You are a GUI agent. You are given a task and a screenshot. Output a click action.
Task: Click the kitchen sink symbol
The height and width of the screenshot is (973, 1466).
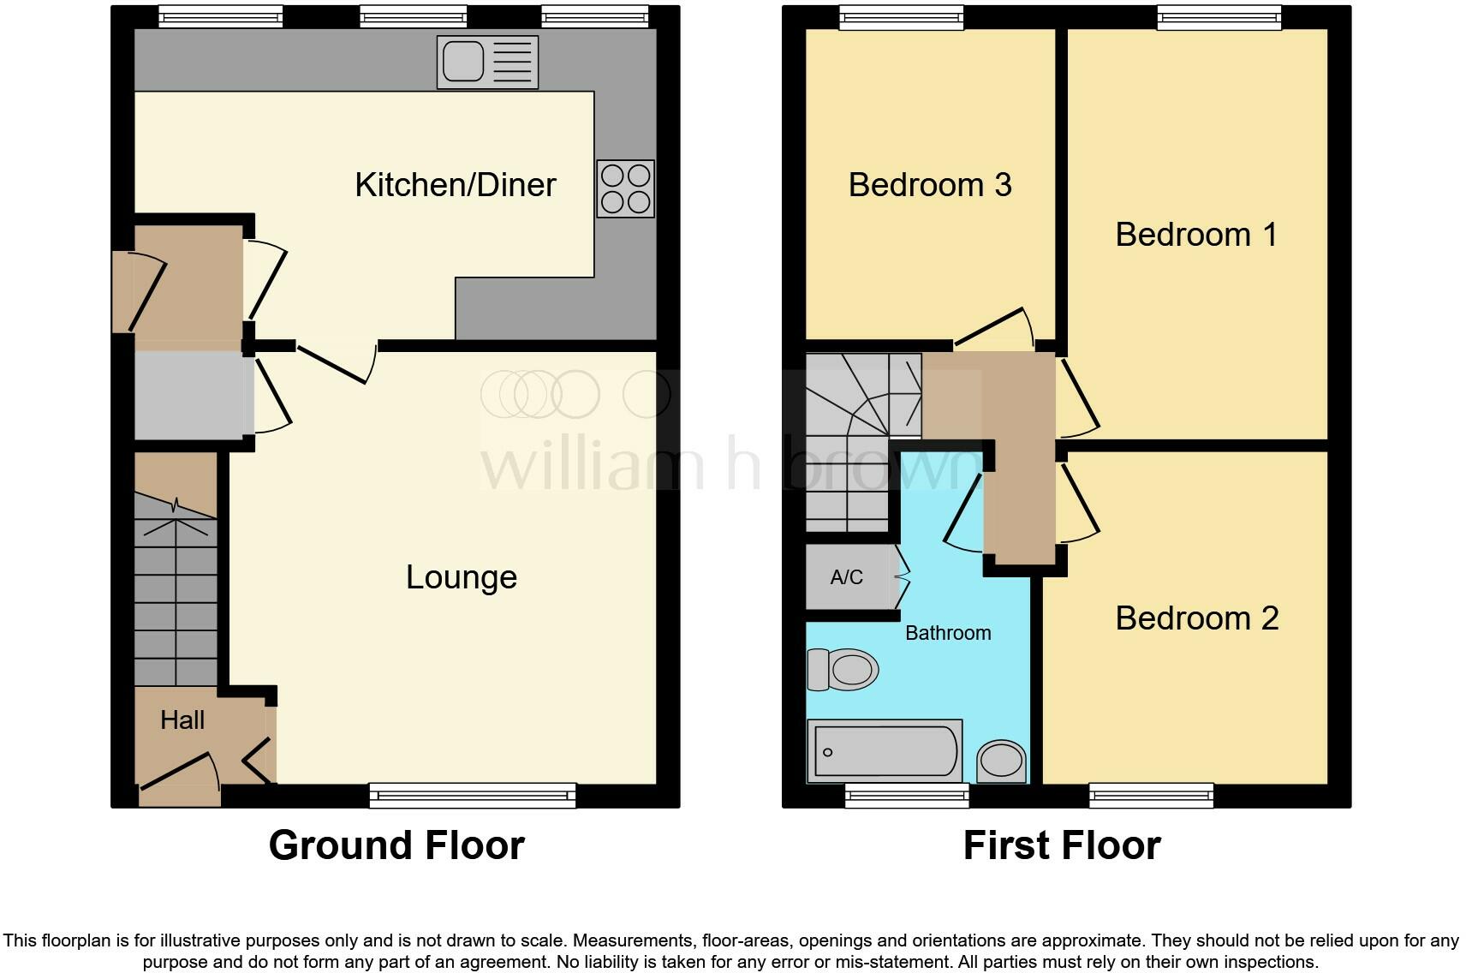pos(487,62)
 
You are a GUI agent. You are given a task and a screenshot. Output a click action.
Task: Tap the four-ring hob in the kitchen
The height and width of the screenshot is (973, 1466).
pos(625,188)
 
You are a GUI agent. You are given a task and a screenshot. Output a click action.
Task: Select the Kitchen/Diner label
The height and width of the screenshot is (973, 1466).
pos(455,185)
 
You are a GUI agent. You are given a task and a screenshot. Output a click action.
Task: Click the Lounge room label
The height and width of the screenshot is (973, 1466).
pos(462,577)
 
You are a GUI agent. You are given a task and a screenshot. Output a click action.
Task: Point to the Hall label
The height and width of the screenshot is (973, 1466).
pos(182,719)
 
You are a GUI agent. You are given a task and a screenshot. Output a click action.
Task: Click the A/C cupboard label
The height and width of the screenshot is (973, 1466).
pos(846,577)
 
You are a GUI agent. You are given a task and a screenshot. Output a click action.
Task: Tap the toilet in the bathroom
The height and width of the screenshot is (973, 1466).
pos(843,669)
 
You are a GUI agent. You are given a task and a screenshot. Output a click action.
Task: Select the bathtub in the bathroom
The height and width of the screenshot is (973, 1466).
pos(885,751)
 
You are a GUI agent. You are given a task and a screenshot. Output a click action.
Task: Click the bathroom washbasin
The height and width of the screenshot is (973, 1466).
pos(1001,761)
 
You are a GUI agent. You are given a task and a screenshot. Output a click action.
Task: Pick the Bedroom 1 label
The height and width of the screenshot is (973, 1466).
pos(1196,235)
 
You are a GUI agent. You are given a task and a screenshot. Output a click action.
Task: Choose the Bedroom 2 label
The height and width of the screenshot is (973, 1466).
pos(1196,618)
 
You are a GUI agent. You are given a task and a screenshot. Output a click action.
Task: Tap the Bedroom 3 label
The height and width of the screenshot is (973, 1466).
pos(930,185)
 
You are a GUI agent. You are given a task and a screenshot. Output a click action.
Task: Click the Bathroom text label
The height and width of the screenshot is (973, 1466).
pos(948,633)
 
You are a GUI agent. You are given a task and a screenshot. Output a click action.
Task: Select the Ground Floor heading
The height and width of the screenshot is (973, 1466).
pos(396,845)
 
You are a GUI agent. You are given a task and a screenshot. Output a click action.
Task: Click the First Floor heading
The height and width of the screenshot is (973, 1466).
pos(1062,845)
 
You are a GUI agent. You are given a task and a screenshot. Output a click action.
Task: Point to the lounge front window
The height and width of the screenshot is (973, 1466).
pos(473,796)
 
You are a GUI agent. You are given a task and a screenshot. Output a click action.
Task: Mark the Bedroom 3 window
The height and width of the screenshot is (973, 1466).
pos(902,17)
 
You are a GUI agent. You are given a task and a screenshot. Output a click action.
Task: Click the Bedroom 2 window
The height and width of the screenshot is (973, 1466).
pos(1152,796)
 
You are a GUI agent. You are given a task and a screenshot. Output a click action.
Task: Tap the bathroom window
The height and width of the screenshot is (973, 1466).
pos(907,796)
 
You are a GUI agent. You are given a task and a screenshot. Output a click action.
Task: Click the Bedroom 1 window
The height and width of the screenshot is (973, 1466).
pos(1220,17)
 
